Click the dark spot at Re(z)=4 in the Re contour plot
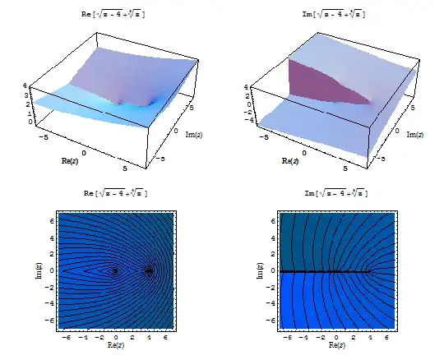(149, 270)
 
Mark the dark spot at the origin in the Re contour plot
(114, 270)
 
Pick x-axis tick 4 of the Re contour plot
(149, 336)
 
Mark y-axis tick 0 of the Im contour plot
(269, 270)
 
